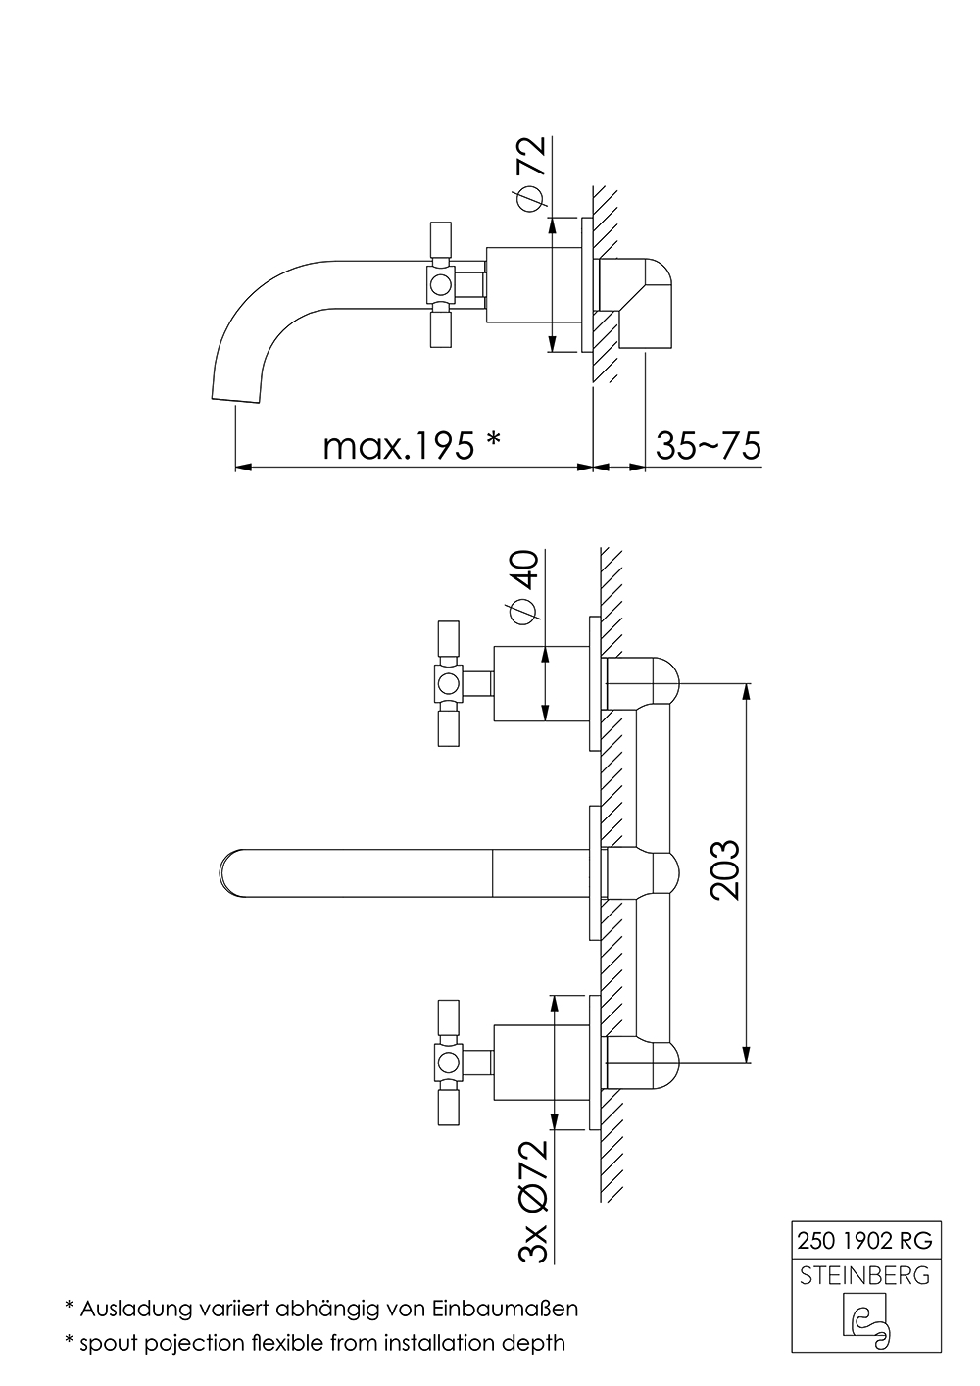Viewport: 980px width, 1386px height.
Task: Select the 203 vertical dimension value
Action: (x=724, y=869)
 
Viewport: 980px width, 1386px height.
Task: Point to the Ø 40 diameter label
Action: (x=524, y=587)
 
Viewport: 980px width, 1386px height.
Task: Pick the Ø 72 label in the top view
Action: (x=529, y=173)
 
